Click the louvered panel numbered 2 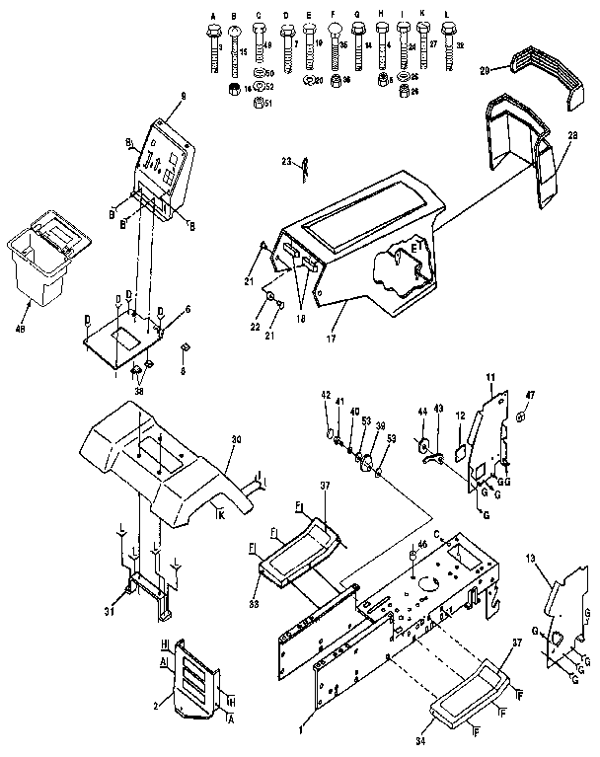pyautogui.click(x=192, y=676)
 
